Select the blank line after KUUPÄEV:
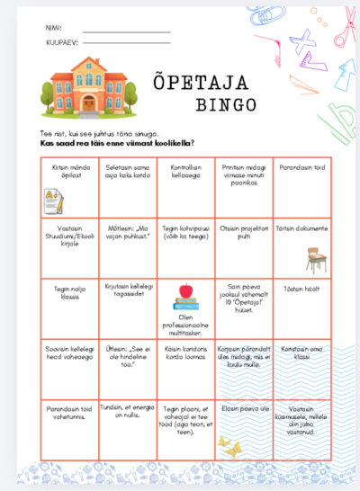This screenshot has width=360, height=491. pyautogui.click(x=126, y=43)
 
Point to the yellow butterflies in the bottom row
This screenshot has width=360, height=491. pyautogui.click(x=231, y=446)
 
